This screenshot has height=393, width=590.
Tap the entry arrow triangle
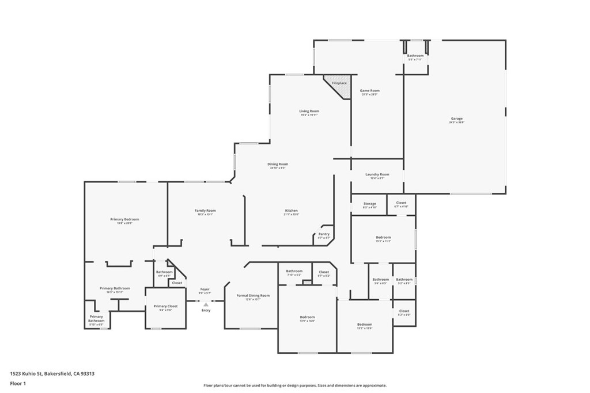coord(206,305)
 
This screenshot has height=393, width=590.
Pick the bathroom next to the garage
coord(415,58)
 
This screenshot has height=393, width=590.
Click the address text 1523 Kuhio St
coord(52,373)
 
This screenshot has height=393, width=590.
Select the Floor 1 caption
coord(18,383)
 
